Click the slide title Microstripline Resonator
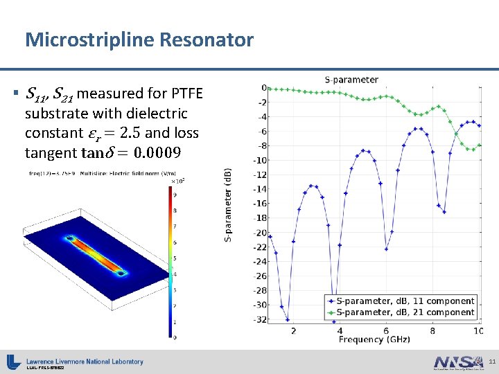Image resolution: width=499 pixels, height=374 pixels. (x=139, y=40)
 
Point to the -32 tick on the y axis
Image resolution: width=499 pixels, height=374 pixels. (x=260, y=319)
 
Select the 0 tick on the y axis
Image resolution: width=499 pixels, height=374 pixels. (x=263, y=88)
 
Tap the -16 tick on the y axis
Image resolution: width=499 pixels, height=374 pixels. (x=260, y=204)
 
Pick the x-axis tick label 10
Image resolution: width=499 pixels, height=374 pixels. (x=478, y=331)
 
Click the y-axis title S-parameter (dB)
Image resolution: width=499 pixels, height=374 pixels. (x=229, y=205)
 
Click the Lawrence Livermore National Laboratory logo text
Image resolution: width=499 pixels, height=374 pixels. (x=85, y=362)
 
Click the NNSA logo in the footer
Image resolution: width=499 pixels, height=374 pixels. (x=457, y=362)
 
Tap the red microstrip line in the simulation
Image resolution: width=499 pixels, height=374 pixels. (x=97, y=257)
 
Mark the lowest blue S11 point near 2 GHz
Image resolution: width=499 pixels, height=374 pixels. (x=288, y=319)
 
